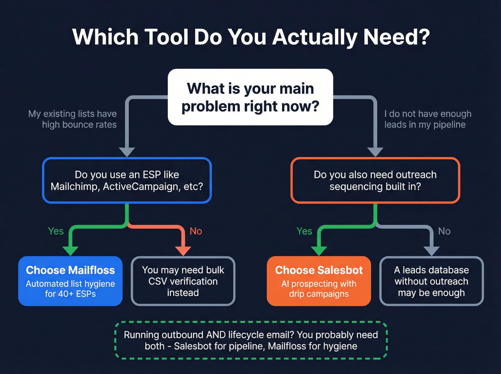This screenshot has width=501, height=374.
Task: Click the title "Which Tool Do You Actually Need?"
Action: point(250,37)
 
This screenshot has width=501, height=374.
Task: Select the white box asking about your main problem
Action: point(250,97)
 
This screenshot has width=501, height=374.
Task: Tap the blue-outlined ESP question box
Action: point(127,180)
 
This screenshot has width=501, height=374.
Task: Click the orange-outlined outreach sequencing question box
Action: point(375,180)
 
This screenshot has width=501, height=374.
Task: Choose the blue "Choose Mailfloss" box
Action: point(70,281)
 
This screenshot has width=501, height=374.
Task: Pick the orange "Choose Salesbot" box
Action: point(319,281)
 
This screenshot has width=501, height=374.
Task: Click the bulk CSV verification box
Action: point(183,281)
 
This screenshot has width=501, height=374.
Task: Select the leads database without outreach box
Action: point(431,281)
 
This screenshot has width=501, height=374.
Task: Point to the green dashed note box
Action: point(251,340)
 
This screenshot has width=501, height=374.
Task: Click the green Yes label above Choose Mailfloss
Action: point(56,231)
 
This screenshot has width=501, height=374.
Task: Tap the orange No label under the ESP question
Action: point(196,231)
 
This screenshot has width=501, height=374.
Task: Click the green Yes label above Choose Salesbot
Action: point(304,231)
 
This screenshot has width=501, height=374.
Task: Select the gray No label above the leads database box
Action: point(444,231)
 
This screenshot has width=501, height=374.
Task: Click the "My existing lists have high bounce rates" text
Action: point(73,119)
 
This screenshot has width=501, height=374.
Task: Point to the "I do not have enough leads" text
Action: point(428,119)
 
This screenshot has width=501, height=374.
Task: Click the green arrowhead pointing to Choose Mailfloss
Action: point(70,251)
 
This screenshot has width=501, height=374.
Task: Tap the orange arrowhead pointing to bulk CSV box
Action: point(183,251)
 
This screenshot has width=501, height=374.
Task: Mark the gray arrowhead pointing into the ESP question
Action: point(127,152)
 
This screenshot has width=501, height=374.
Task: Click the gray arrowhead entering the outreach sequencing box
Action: point(375,152)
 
